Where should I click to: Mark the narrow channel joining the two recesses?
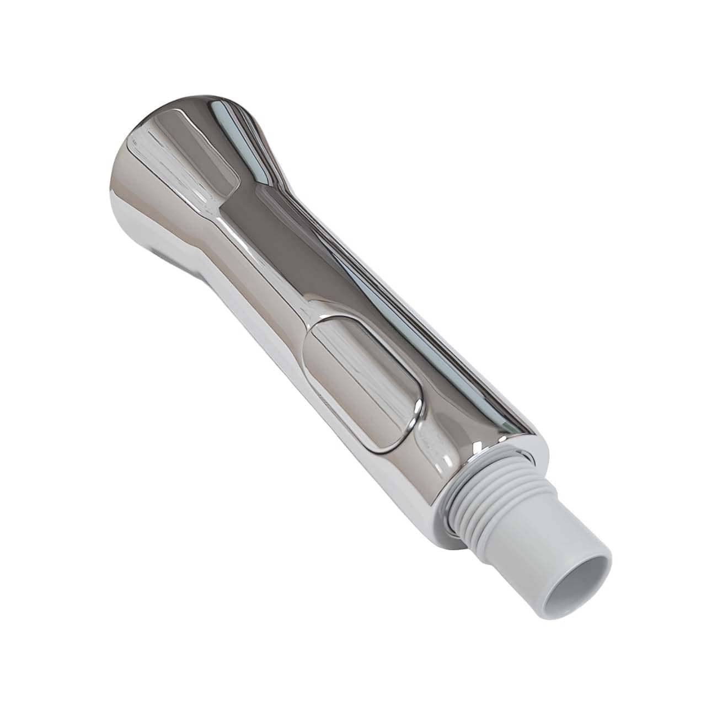270,265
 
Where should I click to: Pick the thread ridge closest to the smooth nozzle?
507,524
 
